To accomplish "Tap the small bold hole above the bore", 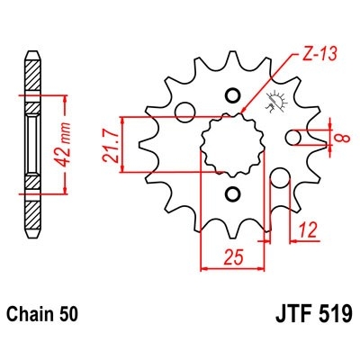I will (x=234, y=94).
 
